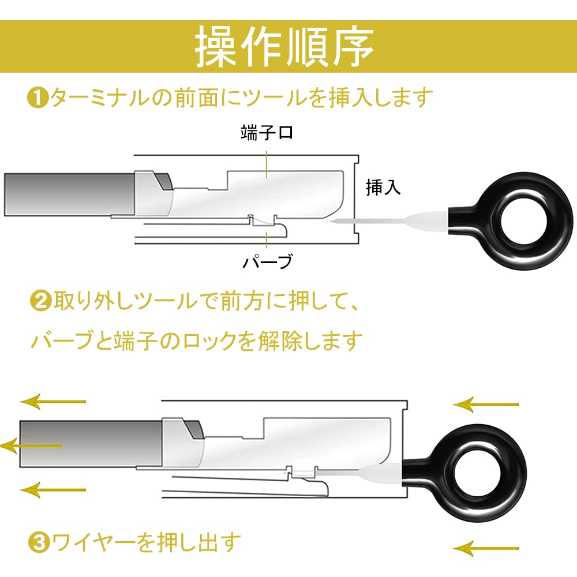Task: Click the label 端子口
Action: (x=267, y=133)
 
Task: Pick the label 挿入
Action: (x=383, y=188)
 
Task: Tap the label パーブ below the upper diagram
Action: (x=267, y=262)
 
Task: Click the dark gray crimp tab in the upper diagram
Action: (x=164, y=182)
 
